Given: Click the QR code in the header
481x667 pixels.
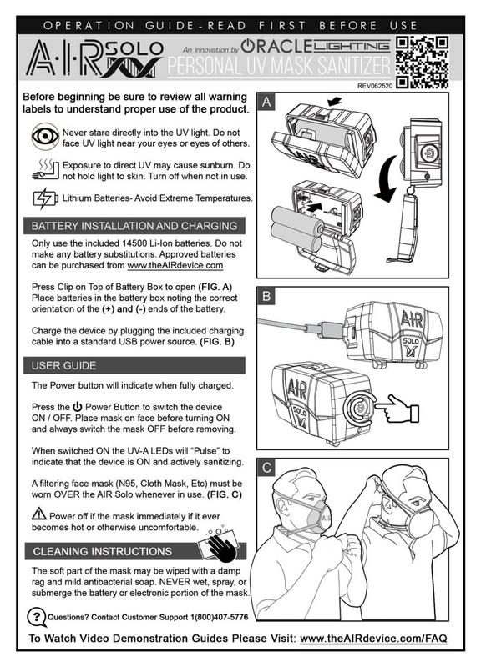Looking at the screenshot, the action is click(x=422, y=62).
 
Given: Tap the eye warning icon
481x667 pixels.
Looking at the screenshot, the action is click(x=45, y=136).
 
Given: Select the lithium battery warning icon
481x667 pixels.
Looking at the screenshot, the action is click(x=45, y=198).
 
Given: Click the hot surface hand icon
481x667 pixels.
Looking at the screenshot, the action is click(x=45, y=169).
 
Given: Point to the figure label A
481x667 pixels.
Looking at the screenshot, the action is click(x=266, y=102).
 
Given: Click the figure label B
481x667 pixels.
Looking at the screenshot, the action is click(x=266, y=296).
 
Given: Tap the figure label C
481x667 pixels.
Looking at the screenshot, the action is click(x=266, y=468).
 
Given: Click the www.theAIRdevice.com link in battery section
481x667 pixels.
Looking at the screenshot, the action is click(x=175, y=265).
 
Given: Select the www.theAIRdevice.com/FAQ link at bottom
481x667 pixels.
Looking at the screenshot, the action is click(x=373, y=639).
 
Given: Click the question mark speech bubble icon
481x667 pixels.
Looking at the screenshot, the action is click(x=37, y=617).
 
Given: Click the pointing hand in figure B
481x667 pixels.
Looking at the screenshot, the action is click(x=398, y=409).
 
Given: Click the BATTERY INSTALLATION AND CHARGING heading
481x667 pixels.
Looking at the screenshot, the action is click(x=134, y=226).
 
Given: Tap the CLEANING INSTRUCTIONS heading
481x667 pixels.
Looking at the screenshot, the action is click(x=102, y=551).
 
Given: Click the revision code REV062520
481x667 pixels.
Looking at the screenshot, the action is click(x=375, y=86).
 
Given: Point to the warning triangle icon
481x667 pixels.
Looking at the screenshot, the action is click(x=39, y=514).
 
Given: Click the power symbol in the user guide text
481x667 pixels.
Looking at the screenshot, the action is click(x=77, y=407).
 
